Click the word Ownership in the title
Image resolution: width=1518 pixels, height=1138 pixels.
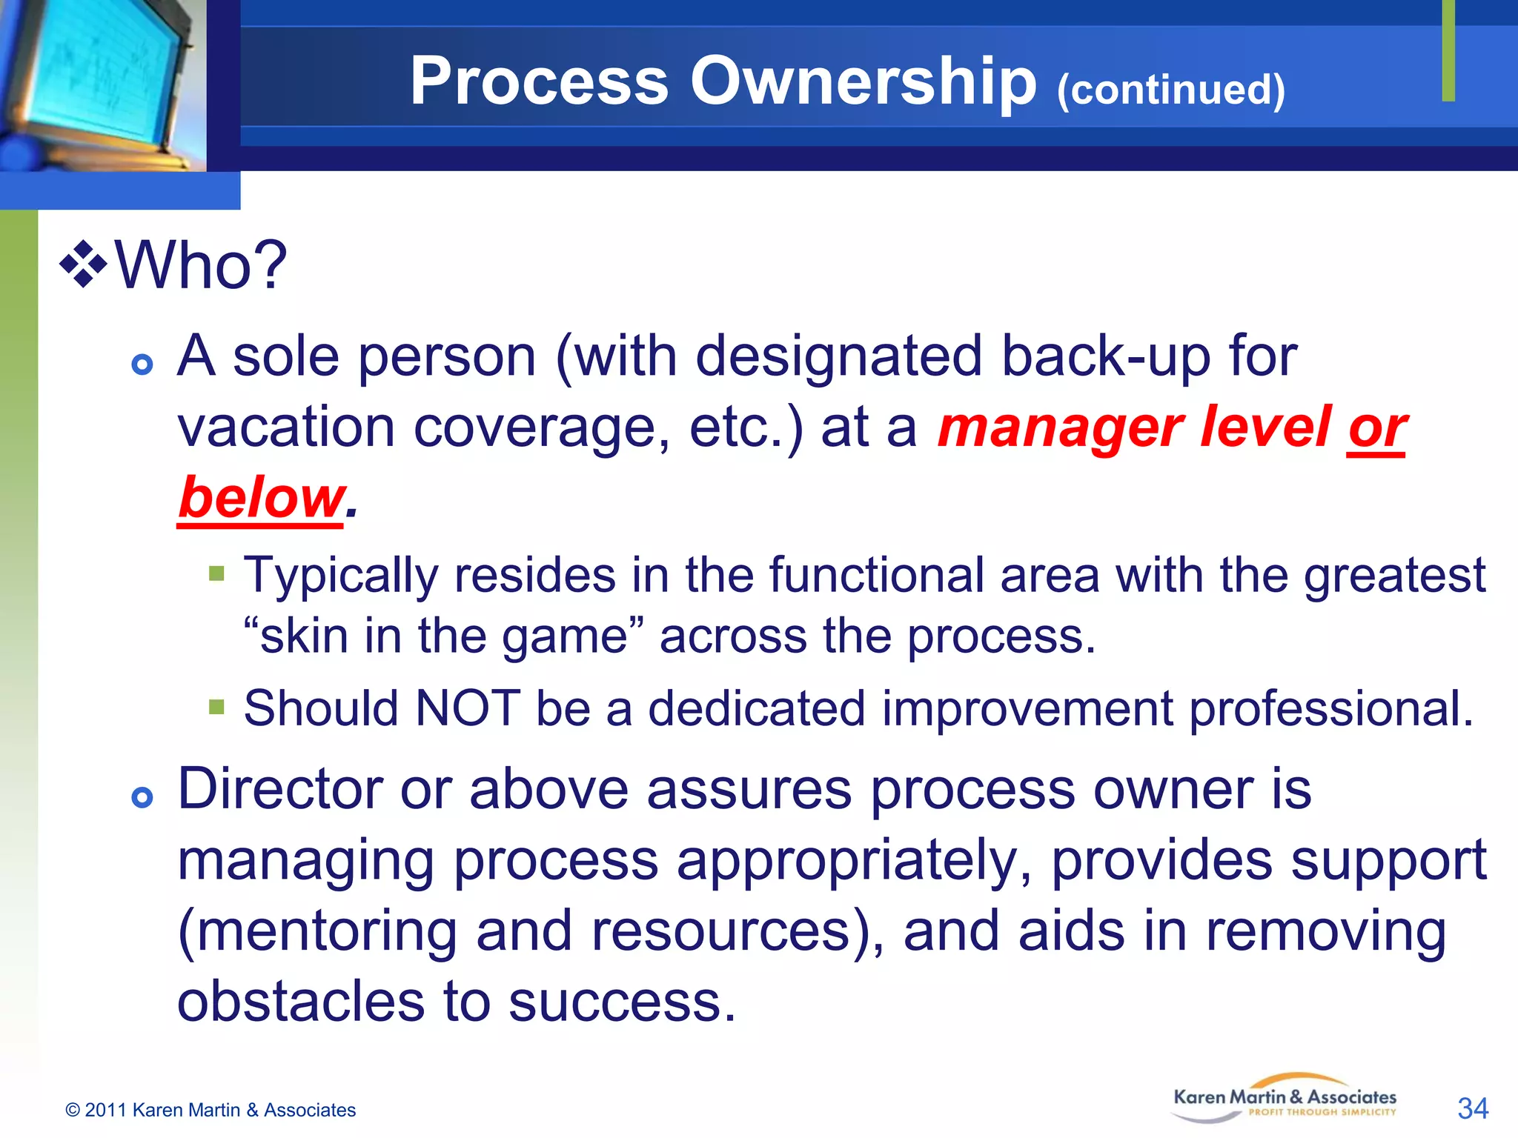click(x=864, y=81)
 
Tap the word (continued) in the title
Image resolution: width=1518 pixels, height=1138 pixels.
click(x=1171, y=90)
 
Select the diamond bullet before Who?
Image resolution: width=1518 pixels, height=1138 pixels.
click(x=84, y=264)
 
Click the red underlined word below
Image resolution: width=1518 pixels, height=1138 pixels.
click(x=261, y=498)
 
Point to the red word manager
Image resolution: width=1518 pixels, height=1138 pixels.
click(x=1060, y=427)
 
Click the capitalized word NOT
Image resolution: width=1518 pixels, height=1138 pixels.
click(x=467, y=708)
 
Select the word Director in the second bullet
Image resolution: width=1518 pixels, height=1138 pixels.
click(x=280, y=789)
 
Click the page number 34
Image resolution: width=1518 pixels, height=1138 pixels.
click(x=1472, y=1108)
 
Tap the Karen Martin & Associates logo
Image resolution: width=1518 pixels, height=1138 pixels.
click(x=1285, y=1099)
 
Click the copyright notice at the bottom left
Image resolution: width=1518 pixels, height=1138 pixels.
click(x=211, y=1110)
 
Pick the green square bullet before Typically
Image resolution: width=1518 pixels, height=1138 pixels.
click(x=216, y=573)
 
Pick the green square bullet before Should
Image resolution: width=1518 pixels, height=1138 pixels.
click(x=216, y=706)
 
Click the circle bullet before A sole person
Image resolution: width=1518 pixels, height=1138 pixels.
click(x=142, y=364)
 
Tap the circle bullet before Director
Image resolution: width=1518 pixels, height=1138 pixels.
click(x=142, y=797)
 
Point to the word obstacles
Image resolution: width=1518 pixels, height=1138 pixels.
click(x=301, y=1002)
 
